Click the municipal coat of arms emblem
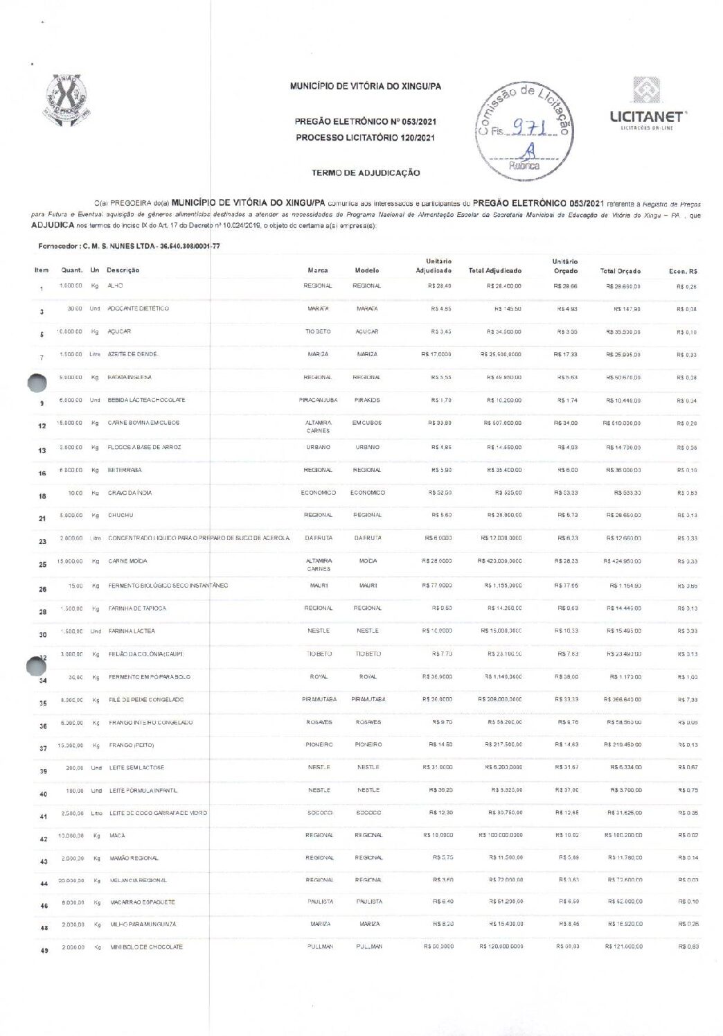pyautogui.click(x=68, y=100)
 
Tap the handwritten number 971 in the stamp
pyautogui.click(x=530, y=128)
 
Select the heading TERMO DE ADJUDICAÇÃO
pyautogui.click(x=366, y=173)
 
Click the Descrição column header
pyautogui.click(x=123, y=270)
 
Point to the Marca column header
pyautogui.click(x=318, y=270)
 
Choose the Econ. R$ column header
pyautogui.click(x=683, y=271)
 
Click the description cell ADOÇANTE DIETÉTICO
pyautogui.click(x=138, y=308)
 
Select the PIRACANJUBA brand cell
pyautogui.click(x=319, y=400)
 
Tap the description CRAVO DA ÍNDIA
pyautogui.click(x=130, y=493)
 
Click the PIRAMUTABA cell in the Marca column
pyautogui.click(x=319, y=699)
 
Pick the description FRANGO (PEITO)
pyautogui.click(x=131, y=745)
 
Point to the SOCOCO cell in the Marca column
pyautogui.click(x=319, y=813)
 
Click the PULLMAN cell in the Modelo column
pyautogui.click(x=368, y=946)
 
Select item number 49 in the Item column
pyautogui.click(x=44, y=950)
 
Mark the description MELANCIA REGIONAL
pyautogui.click(x=138, y=880)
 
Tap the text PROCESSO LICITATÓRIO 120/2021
pyautogui.click(x=365, y=138)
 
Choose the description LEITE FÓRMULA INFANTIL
pyautogui.click(x=143, y=791)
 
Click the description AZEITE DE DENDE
pyautogui.click(x=133, y=354)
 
